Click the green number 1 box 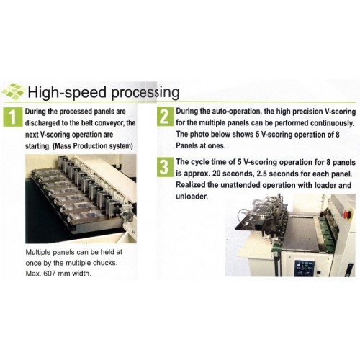[x=13, y=117]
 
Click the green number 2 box [x=165, y=117]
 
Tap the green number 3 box [x=165, y=167]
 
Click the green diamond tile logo [x=12, y=91]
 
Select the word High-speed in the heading [x=67, y=92]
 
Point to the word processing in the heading [x=145, y=93]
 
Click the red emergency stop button [x=348, y=213]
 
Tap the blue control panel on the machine [x=305, y=268]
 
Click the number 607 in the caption [x=50, y=274]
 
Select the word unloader [x=192, y=197]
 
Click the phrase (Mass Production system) [x=92, y=146]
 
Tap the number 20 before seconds [x=217, y=174]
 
